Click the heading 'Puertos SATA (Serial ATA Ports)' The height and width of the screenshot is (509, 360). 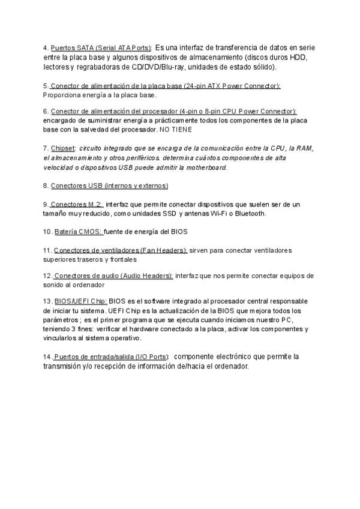101,47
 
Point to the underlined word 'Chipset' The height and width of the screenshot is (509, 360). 64,147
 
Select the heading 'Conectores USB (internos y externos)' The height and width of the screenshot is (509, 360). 109,185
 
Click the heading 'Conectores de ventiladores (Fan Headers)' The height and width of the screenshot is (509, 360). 121,250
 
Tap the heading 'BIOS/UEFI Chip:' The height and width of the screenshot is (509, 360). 81,301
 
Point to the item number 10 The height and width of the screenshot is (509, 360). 47,231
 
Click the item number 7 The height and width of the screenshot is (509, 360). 46,147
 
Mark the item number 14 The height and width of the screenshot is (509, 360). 47,357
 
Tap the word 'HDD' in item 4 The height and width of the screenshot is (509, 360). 298,57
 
